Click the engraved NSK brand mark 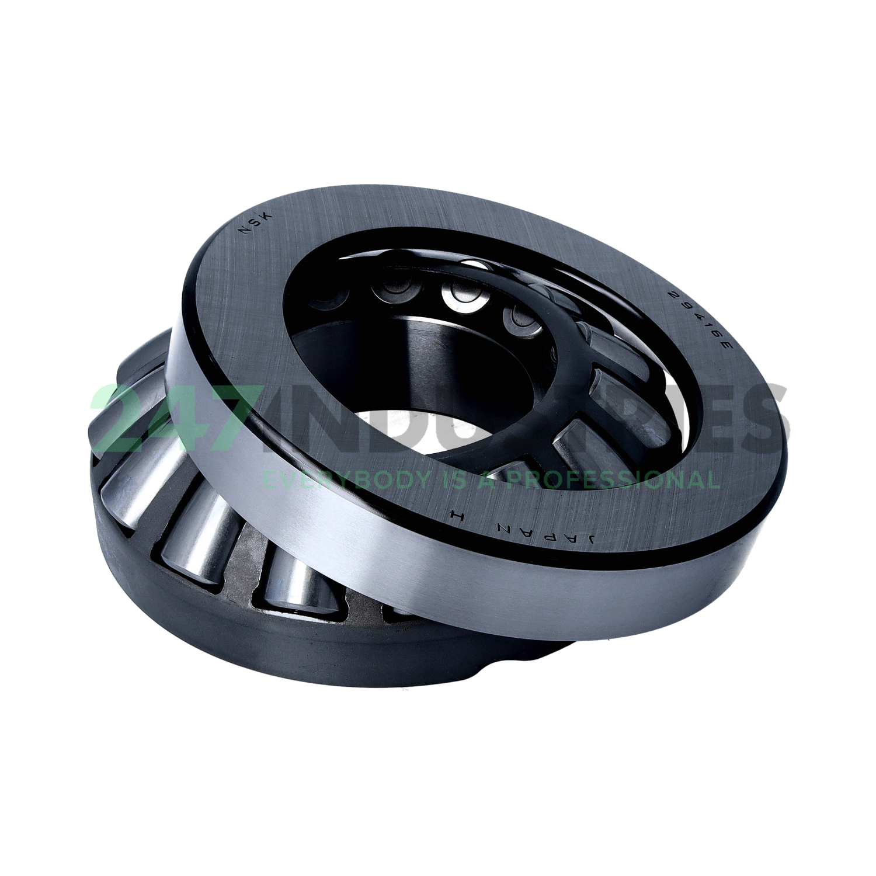click(x=253, y=225)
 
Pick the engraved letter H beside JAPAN click(x=456, y=515)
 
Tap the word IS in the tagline click(x=453, y=480)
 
